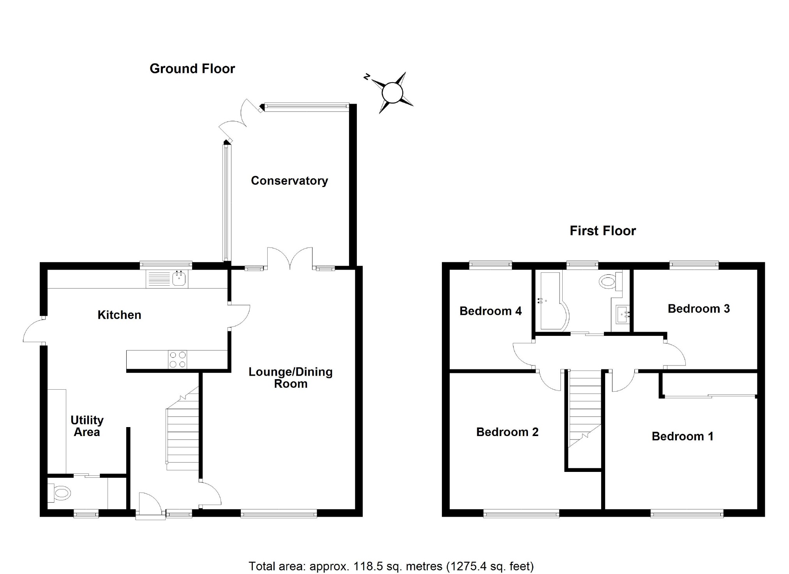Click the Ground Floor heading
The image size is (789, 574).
point(192,69)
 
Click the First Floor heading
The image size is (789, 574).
point(602,231)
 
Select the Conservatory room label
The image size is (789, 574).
point(289,181)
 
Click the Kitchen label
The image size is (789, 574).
point(119,315)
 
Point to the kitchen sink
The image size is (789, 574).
point(180,279)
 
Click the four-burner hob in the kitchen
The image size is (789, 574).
point(177,359)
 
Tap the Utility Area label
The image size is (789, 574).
point(87,426)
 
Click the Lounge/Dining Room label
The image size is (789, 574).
point(291,378)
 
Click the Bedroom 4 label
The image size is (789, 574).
point(491,311)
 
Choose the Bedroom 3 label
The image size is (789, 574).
point(699,309)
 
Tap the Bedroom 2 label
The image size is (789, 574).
point(507,432)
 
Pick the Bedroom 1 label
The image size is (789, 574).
point(682,436)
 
